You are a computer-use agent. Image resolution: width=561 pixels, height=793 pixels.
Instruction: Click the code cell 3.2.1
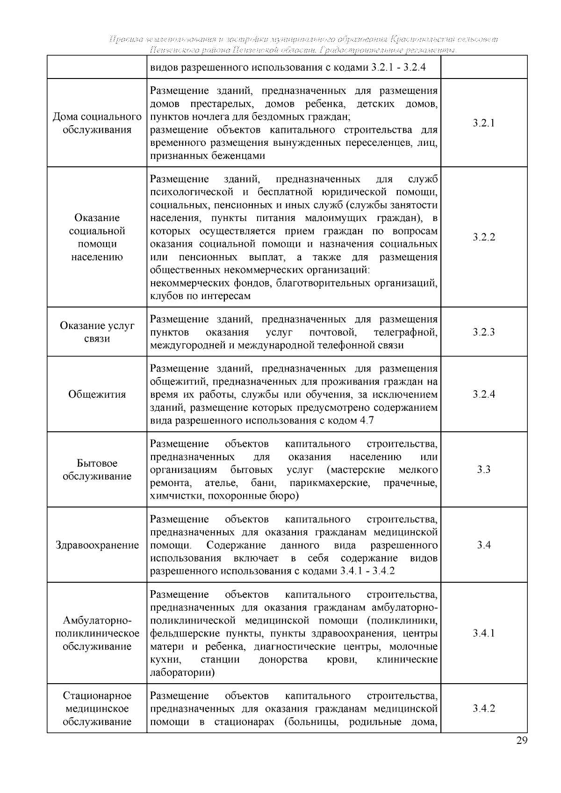pos(483,123)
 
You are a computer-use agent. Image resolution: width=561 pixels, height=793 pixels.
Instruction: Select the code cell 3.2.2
pos(483,237)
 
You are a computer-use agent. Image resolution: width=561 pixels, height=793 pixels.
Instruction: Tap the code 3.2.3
pos(483,332)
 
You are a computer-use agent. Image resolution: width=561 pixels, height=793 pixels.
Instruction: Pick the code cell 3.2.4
pos(483,394)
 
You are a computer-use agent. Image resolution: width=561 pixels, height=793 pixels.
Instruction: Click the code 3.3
pos(483,470)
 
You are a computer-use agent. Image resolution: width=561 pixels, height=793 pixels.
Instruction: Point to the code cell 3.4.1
pos(483,633)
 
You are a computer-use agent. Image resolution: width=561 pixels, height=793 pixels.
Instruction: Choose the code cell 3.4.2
pos(483,708)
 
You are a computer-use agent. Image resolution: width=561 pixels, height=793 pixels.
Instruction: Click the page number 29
pos(522,741)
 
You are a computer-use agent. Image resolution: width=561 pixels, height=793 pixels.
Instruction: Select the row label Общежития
pos(97,394)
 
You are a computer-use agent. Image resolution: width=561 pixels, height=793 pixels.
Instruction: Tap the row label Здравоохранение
pos(97,545)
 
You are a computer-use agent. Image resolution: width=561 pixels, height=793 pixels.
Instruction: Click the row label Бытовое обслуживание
pos(97,470)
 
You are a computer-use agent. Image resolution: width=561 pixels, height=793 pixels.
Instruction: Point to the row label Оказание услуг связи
pos(97,332)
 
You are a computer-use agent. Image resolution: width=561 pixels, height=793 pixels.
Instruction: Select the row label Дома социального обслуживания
pos(97,123)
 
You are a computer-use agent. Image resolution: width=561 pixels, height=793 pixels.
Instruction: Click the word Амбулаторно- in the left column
pos(97,621)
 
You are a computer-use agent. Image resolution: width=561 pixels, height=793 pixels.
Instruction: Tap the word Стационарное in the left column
pos(97,696)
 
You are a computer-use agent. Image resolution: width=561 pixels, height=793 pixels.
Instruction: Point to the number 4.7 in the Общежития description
pos(366,421)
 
